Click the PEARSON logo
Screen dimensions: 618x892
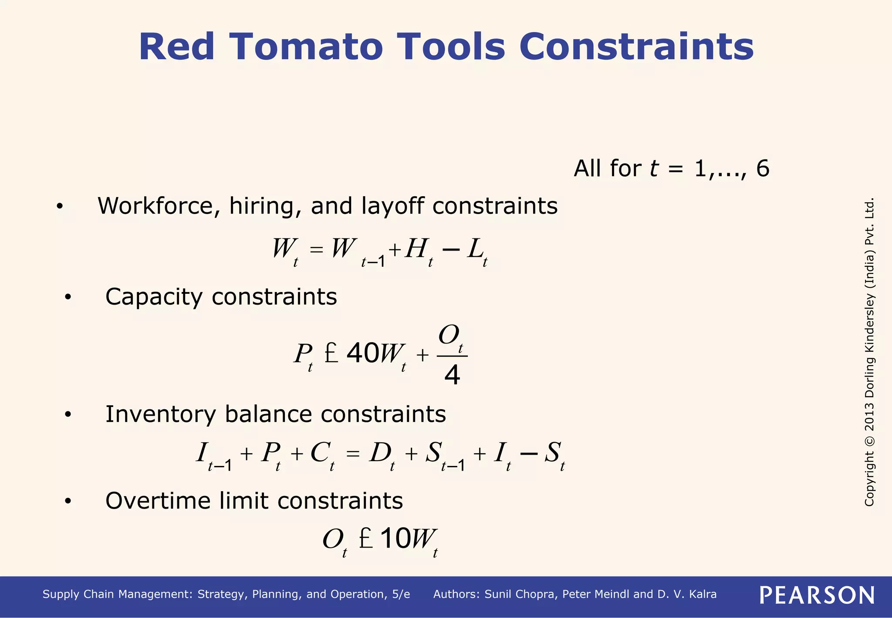point(817,595)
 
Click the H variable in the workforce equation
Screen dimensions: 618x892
point(416,249)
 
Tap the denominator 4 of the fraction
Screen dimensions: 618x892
point(452,375)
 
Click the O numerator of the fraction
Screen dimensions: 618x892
point(449,336)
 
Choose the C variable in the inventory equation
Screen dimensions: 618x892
point(320,453)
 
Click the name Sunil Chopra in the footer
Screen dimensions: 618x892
point(520,594)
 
